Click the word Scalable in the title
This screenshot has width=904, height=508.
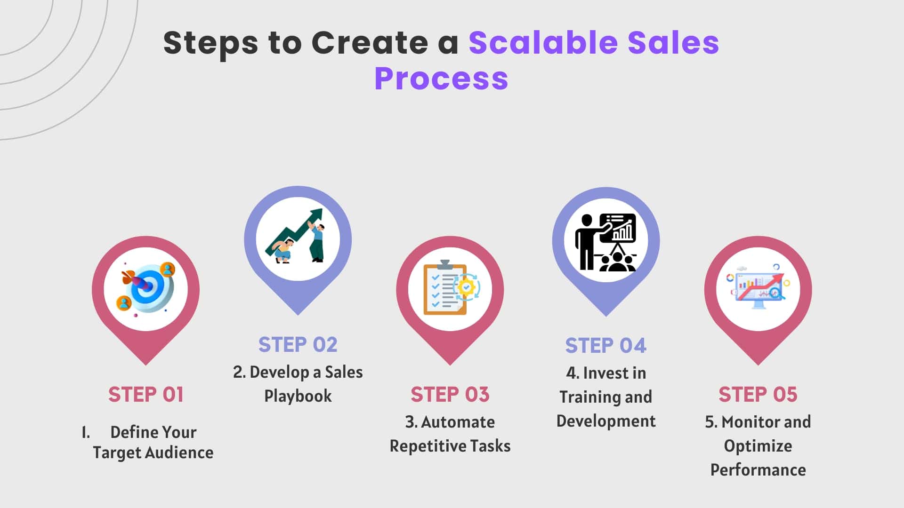[543, 42]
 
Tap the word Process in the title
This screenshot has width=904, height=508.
[441, 78]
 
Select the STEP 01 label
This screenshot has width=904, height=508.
[146, 394]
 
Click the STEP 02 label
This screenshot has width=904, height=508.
[298, 344]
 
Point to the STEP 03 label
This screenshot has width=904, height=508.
[450, 394]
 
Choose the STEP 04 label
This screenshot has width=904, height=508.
[606, 345]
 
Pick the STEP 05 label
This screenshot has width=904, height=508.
[758, 394]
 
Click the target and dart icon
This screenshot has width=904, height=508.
[146, 288]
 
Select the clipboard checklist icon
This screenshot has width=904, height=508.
[451, 287]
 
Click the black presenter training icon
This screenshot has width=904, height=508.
[606, 242]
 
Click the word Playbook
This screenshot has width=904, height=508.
[298, 396]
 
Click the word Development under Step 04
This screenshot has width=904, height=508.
[606, 421]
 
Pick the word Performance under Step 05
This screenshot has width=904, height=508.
[758, 470]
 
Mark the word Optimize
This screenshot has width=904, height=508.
[758, 446]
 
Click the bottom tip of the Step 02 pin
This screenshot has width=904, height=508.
[298, 315]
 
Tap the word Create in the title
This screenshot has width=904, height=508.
[370, 42]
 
